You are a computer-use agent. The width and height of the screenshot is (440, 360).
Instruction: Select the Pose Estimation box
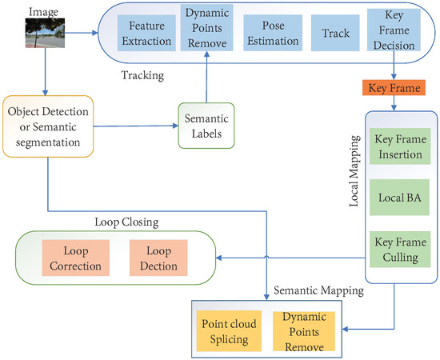tap(272, 33)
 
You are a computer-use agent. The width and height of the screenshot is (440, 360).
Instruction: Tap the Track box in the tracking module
tap(330, 33)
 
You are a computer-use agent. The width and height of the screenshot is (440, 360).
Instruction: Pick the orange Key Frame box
tap(392, 87)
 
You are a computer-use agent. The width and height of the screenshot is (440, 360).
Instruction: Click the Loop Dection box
tap(158, 256)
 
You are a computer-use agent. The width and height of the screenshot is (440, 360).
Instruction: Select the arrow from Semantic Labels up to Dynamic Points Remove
tap(207, 80)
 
